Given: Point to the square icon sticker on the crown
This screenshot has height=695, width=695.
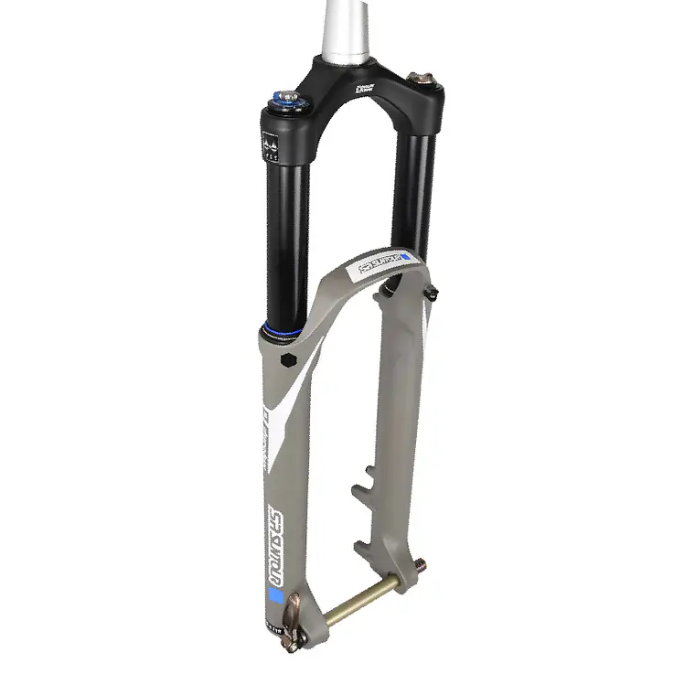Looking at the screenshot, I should click(270, 144).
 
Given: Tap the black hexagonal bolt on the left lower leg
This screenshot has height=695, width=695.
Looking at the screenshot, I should click(291, 359).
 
